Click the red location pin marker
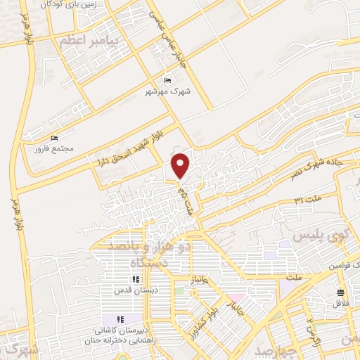click(181, 165)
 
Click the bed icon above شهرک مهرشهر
click(167, 79)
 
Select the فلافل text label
click(341, 304)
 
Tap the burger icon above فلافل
click(341, 292)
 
